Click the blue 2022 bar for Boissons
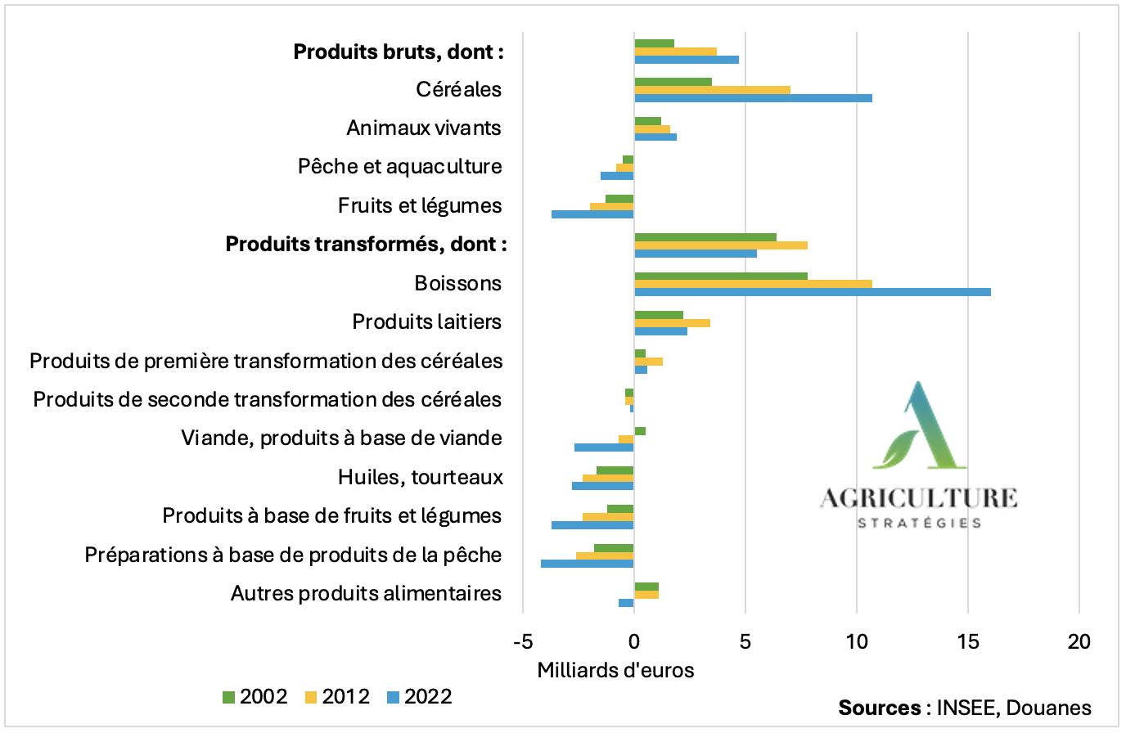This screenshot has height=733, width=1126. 812,292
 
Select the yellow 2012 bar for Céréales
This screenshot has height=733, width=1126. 712,90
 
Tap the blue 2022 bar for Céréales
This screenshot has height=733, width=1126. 753,98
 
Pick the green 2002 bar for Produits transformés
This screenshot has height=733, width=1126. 705,237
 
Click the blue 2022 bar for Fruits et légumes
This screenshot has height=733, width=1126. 592,214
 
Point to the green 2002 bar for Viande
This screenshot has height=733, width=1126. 640,431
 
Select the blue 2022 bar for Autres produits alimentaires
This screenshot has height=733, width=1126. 626,603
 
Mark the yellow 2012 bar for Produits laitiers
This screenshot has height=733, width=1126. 672,323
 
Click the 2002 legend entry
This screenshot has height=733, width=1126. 254,697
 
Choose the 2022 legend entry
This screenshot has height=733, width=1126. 419,697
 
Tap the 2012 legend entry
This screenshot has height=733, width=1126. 337,697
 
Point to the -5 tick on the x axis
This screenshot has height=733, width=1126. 524,641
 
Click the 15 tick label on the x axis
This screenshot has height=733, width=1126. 968,641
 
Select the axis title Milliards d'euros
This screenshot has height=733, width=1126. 615,671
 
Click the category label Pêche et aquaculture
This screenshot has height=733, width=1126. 399,167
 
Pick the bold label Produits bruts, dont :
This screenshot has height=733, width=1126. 399,52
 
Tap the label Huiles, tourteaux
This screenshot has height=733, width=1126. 420,477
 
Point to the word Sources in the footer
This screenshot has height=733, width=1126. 880,708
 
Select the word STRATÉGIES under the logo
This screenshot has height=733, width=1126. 919,523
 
